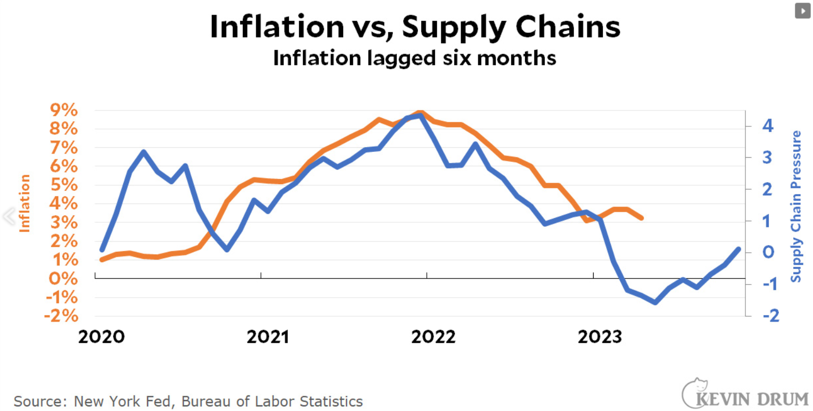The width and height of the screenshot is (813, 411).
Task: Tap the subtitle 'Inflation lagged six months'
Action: point(414,58)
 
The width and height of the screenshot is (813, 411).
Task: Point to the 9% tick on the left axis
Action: point(63,110)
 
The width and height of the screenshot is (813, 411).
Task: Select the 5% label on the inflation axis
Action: point(63,185)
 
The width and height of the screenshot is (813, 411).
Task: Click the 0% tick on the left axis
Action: point(63,278)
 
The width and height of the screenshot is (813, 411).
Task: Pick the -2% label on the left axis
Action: point(61,316)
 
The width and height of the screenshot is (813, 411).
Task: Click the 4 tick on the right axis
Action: point(767,125)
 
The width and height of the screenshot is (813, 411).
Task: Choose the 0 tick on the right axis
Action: point(768,252)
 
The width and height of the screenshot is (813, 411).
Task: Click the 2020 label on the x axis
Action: point(101,337)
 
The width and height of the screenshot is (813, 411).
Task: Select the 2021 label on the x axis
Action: point(268,337)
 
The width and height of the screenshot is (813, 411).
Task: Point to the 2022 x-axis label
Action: point(433,337)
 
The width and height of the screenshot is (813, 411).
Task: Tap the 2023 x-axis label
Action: point(599,337)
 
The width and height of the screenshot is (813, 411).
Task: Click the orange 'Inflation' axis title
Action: point(24,203)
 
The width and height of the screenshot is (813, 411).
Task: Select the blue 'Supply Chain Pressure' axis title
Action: point(795,207)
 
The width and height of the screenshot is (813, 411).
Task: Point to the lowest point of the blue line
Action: point(655,302)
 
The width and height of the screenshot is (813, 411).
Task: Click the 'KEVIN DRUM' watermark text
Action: point(753,399)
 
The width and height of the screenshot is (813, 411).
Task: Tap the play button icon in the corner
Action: point(803,11)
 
